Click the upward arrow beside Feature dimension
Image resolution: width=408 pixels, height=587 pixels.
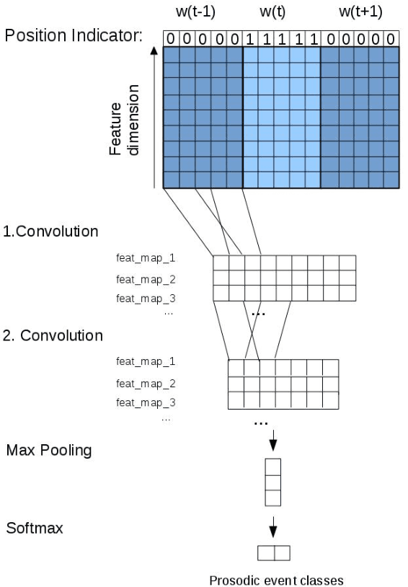point(154,115)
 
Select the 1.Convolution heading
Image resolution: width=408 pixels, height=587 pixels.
point(51,232)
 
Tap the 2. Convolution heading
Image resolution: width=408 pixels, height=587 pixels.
point(53,335)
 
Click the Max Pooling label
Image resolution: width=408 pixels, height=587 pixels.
point(49,451)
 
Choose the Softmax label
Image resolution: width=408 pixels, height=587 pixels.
point(35,528)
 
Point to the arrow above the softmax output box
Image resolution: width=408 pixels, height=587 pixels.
point(272,530)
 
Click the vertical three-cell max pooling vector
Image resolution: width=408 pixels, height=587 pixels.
point(272,481)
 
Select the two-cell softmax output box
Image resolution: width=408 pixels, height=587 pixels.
point(273,553)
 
